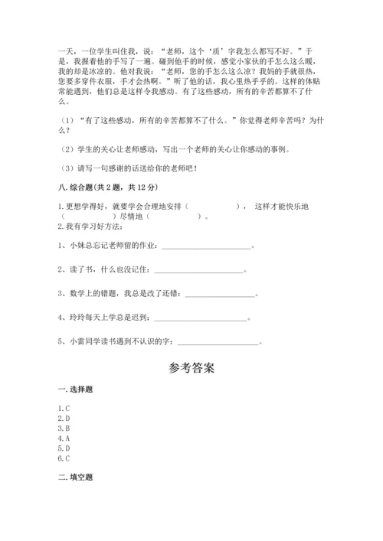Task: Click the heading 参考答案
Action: [x=191, y=368]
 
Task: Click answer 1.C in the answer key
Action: [x=64, y=409]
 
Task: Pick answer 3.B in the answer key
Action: [x=64, y=429]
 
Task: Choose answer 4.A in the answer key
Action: [x=64, y=438]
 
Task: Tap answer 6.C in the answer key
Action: [x=64, y=458]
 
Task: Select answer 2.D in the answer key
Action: [x=64, y=419]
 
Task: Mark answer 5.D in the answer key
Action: [x=64, y=448]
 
